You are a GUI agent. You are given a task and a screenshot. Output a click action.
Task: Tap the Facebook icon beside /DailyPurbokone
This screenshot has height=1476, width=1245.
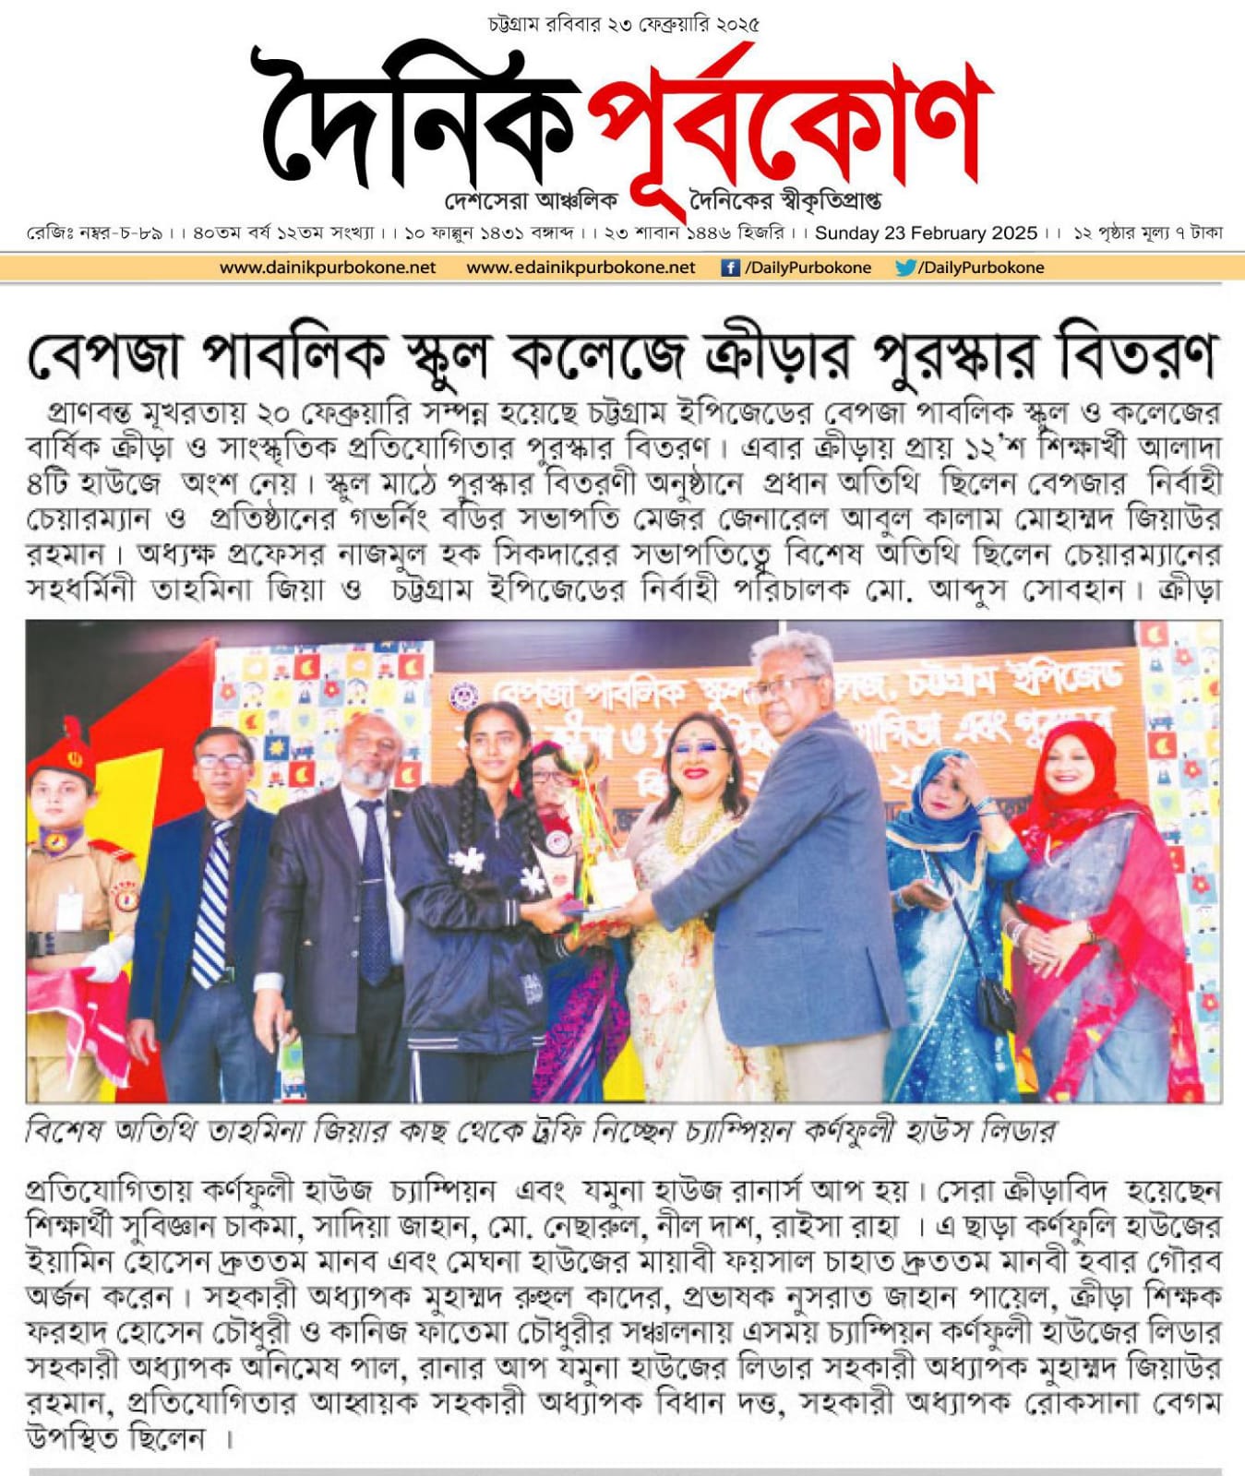click(x=730, y=268)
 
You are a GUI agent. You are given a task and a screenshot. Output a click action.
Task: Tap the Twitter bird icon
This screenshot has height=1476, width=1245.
click(x=904, y=268)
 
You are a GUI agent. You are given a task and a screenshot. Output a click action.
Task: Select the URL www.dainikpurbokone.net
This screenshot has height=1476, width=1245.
click(x=328, y=268)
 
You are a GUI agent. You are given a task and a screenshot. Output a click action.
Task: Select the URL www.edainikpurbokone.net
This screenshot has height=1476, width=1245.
click(x=581, y=268)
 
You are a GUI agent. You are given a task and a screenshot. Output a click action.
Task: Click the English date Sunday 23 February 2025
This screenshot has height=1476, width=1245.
click(x=926, y=233)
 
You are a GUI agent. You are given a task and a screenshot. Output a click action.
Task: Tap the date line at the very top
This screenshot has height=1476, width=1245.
click(x=623, y=24)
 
